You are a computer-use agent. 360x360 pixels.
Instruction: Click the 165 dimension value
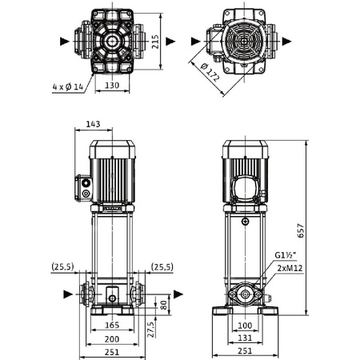pyautogui.click(x=113, y=326)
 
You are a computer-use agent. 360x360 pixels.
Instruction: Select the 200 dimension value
pyautogui.click(x=113, y=340)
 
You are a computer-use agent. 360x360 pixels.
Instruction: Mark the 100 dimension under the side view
pyautogui.click(x=245, y=326)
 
